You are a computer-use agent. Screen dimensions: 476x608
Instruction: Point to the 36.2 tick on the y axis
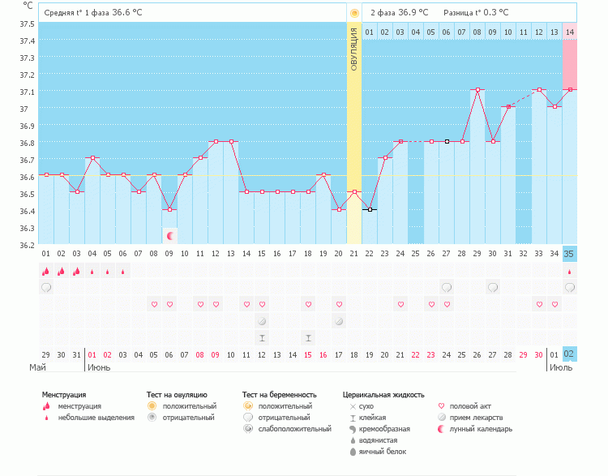pyautogui.click(x=28, y=244)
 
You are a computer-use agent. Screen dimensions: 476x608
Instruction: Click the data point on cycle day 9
pyautogui.click(x=169, y=209)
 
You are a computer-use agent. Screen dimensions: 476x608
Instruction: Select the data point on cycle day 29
pyautogui.click(x=477, y=90)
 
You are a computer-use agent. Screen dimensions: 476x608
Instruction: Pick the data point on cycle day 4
pyautogui.click(x=92, y=158)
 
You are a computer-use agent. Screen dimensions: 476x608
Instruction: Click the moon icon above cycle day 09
pyautogui.click(x=169, y=236)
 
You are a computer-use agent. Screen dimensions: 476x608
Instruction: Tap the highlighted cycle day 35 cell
pyautogui.click(x=569, y=254)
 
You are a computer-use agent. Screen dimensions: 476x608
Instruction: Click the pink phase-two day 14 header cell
pyautogui.click(x=569, y=32)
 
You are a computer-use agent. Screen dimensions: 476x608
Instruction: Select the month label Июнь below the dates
pyautogui.click(x=99, y=367)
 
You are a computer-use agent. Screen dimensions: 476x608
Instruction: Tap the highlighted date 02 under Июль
pyautogui.click(x=569, y=354)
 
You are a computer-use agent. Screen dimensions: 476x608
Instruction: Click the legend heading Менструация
pyautogui.click(x=64, y=395)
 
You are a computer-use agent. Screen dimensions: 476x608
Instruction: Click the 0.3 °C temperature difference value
pyautogui.click(x=493, y=13)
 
